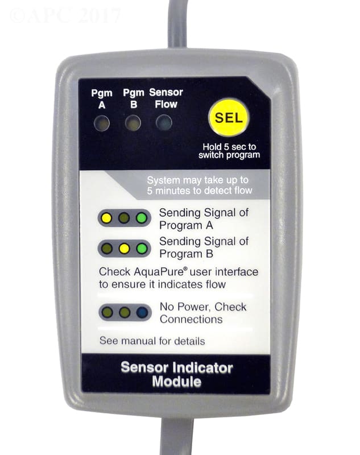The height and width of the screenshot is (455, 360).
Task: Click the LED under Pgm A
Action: coord(102,123)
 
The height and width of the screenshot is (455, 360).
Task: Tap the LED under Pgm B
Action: coord(133,123)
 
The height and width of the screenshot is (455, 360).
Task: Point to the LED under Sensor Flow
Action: coord(164,122)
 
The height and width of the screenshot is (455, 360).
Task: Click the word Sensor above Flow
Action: coord(166,92)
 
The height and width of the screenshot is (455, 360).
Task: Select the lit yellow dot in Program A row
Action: coord(107,218)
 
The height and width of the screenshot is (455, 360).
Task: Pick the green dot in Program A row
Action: coord(142,218)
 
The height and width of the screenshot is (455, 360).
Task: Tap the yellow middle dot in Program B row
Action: coord(124,249)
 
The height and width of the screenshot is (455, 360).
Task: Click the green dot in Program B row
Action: coord(142,249)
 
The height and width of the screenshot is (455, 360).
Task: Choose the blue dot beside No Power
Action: coord(142,312)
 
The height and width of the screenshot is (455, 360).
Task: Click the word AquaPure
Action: coord(159,272)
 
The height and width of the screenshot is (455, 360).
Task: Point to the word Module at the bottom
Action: coord(177,381)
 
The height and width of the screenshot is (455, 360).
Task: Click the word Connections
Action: coord(191,319)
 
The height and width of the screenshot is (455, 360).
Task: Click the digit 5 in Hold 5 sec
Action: coord(226,147)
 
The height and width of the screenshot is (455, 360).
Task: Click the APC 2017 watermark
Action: coord(65,15)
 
